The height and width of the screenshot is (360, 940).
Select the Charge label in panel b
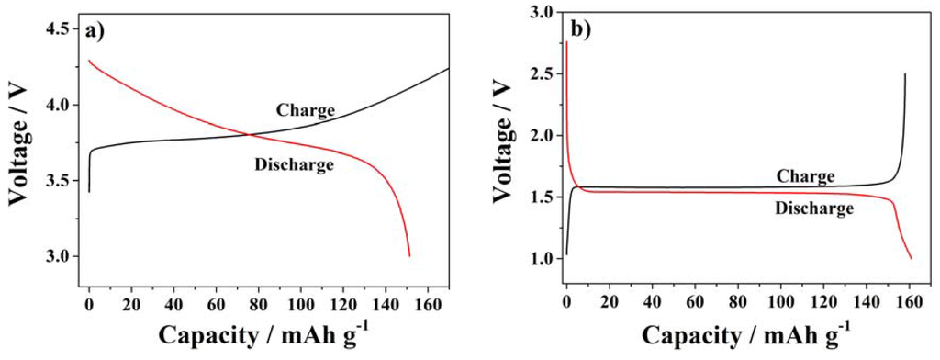[805, 175]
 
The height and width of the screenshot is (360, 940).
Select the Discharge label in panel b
[814, 208]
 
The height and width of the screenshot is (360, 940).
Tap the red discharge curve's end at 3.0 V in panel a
[409, 256]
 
